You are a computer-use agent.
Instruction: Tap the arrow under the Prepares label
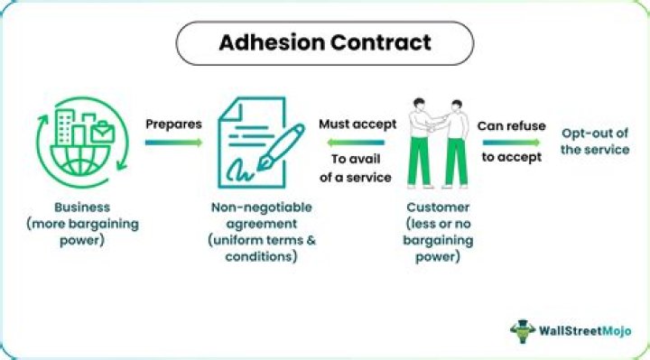[173, 143]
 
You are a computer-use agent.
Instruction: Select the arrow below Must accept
[356, 143]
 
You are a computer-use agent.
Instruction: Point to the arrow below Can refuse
[512, 143]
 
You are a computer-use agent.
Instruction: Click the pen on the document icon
[282, 147]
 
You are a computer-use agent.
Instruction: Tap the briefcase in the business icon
[102, 133]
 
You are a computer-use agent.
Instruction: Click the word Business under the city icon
[82, 208]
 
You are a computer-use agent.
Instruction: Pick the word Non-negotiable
[262, 208]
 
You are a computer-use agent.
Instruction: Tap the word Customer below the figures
[438, 208]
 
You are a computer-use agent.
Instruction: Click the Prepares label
[173, 124]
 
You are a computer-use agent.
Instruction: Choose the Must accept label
[357, 124]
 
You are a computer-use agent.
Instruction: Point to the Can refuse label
[511, 125]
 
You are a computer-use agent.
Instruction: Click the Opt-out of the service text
[595, 142]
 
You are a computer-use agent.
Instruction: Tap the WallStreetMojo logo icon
[523, 330]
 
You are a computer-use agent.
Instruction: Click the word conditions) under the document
[261, 256]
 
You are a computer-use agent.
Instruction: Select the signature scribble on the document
[239, 171]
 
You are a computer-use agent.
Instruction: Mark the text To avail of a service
[356, 168]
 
